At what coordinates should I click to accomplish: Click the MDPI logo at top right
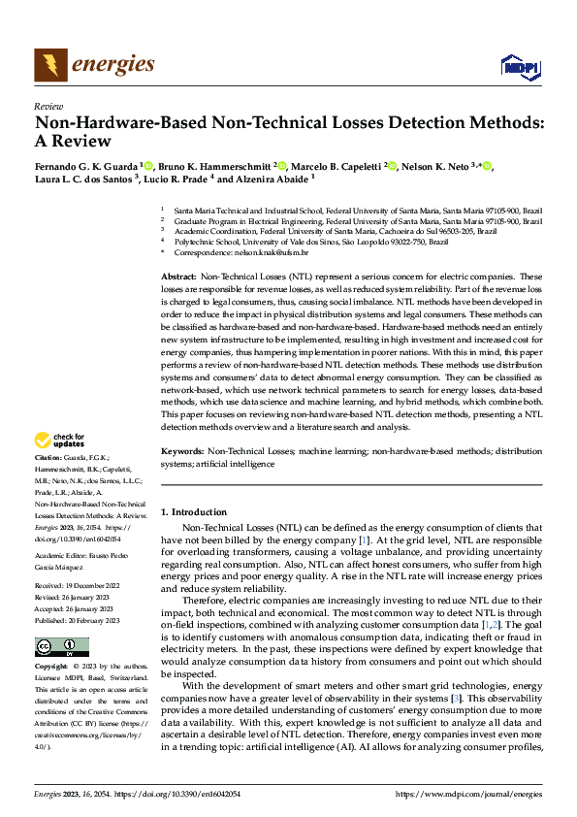(x=519, y=66)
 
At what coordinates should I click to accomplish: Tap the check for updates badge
(x=58, y=441)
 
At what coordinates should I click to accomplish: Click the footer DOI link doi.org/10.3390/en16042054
(x=170, y=794)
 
